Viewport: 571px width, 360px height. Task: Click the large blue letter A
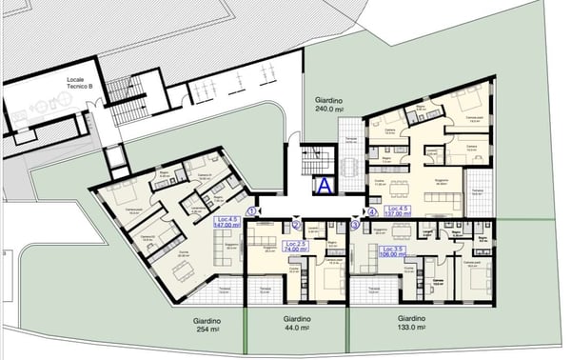(325, 186)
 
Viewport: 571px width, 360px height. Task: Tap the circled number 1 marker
(251, 211)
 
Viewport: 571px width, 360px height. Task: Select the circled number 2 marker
(296, 226)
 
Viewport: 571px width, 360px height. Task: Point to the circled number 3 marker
(355, 226)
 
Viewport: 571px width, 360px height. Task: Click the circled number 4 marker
(372, 211)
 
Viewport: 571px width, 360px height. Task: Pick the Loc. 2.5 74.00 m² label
(295, 246)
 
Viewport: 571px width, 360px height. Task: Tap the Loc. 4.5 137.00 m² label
(399, 211)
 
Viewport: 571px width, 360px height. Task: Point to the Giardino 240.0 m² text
(334, 104)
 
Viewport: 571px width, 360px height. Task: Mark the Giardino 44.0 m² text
(296, 324)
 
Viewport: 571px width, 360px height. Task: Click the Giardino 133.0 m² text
(412, 324)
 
